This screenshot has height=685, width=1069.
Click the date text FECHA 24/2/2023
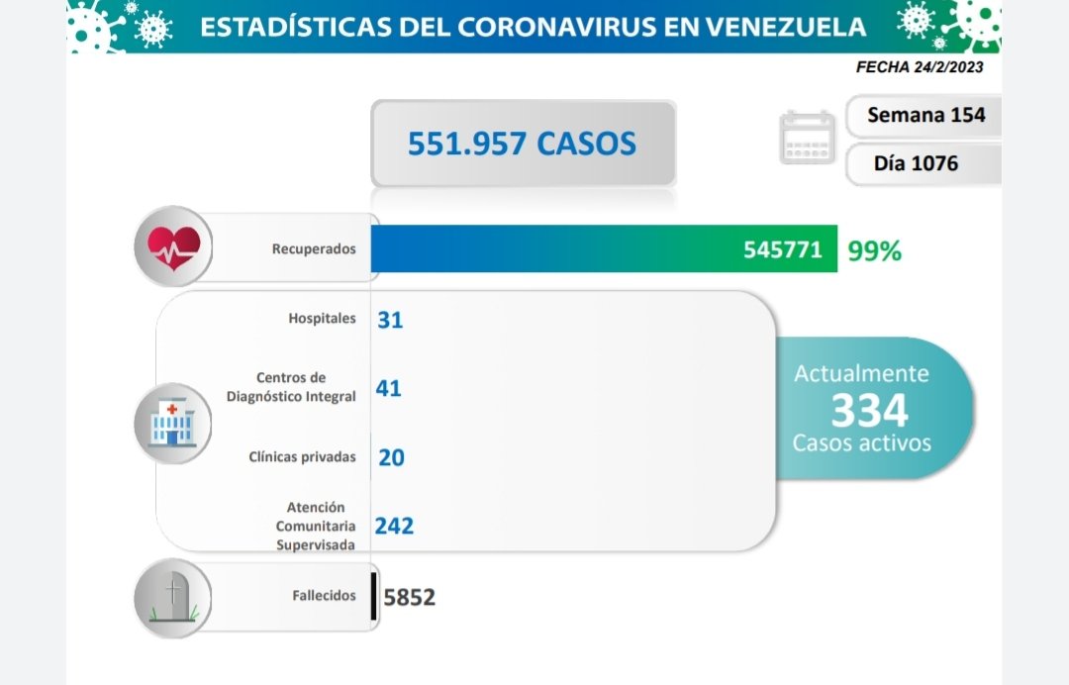click(x=919, y=68)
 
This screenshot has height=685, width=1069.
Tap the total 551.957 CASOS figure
click(x=522, y=145)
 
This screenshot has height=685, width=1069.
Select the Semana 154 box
click(x=925, y=115)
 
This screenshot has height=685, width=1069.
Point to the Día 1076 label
click(x=916, y=163)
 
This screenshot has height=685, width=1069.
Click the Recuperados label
click(x=314, y=249)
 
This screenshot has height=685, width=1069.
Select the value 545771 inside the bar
click(x=783, y=249)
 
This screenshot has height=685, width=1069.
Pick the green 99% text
click(x=874, y=251)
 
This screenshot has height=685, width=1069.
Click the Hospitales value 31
click(x=390, y=320)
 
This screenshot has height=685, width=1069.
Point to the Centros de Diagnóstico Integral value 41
click(x=388, y=389)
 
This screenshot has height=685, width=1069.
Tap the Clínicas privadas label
click(x=301, y=457)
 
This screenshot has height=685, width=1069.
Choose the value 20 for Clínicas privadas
click(x=391, y=457)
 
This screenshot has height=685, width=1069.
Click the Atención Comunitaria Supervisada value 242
click(x=394, y=526)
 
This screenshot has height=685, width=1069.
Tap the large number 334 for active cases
click(x=869, y=409)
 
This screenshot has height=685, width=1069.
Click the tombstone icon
click(x=173, y=596)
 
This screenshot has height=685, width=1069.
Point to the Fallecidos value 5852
click(x=409, y=597)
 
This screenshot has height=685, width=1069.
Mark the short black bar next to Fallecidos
click(x=373, y=597)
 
